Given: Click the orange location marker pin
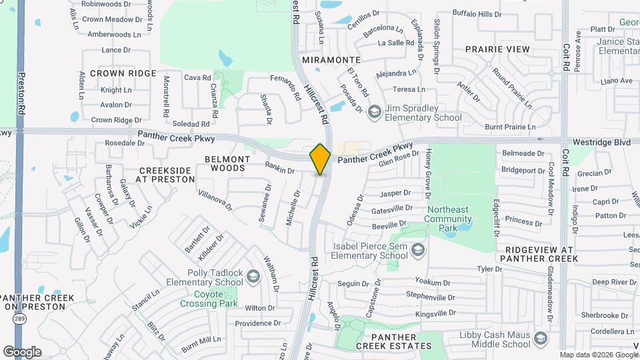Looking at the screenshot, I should [x=320, y=159].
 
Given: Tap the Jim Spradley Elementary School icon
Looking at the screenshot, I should [x=374, y=111].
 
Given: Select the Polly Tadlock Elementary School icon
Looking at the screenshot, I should [x=253, y=275].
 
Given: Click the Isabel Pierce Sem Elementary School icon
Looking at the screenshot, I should [x=418, y=249].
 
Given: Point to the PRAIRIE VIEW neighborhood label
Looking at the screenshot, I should [x=497, y=49].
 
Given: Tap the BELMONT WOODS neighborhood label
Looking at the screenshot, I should [x=227, y=164].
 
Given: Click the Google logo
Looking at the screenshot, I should [x=22, y=351].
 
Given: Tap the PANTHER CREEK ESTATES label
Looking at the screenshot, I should [x=393, y=341].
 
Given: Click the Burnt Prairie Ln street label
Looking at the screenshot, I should [x=510, y=127].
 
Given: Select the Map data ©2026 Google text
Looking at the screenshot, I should [x=598, y=355].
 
